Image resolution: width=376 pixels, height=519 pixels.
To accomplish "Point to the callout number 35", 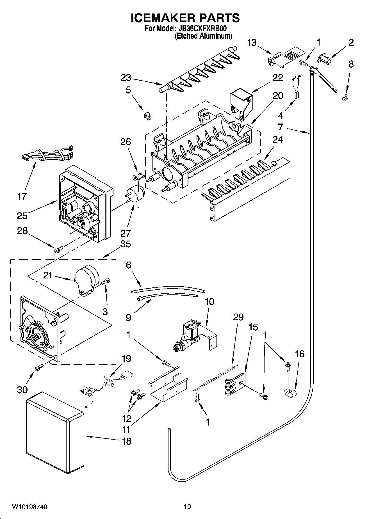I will point(125,244).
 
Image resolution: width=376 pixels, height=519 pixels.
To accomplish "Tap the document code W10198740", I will point(29,507).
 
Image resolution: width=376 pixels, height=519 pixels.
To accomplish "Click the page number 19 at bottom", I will point(187,507).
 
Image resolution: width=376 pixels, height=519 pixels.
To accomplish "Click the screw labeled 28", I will point(59,248).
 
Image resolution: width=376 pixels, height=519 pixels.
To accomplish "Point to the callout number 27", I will point(126,233).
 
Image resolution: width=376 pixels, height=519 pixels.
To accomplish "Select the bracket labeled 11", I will point(167,387).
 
